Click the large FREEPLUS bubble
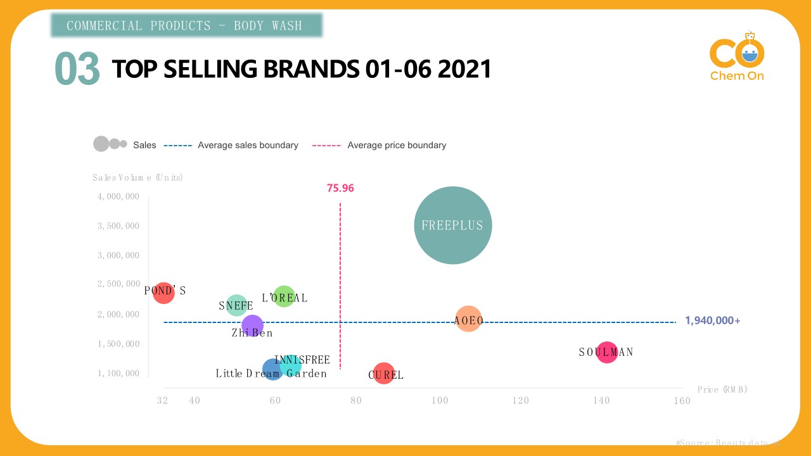tap(452, 225)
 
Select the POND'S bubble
tap(163, 293)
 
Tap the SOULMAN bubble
tap(606, 352)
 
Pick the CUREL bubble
tap(383, 374)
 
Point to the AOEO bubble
tap(468, 320)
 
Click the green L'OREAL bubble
tap(284, 296)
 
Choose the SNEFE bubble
tap(236, 305)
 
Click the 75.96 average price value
tap(340, 188)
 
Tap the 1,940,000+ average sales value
tap(712, 320)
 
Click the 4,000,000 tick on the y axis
tap(118, 196)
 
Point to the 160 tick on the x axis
tap(682, 400)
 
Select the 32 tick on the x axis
tap(163, 400)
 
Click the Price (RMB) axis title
tap(722, 389)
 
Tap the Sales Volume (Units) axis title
tap(137, 177)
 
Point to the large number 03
tap(77, 69)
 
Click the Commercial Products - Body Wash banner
tap(186, 25)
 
